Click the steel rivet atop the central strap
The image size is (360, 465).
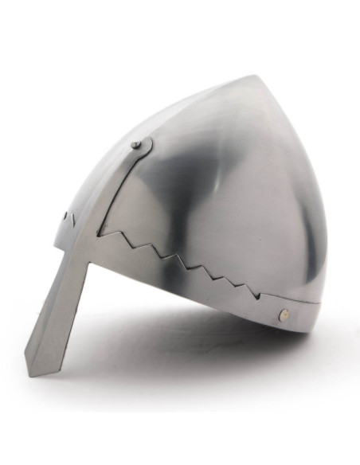pos(137,145)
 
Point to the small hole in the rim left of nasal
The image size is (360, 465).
pos(76,216)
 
